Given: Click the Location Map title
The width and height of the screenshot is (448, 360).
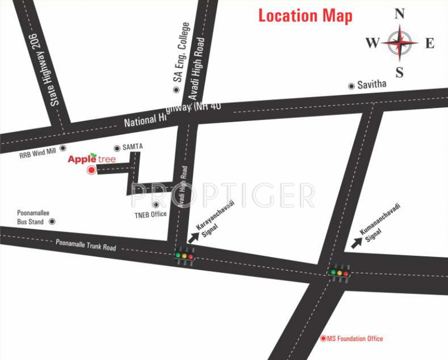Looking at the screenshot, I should pos(305,16).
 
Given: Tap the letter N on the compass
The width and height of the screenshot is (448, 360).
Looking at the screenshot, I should pos(399,14).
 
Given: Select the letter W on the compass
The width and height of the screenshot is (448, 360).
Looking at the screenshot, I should pos(372,43).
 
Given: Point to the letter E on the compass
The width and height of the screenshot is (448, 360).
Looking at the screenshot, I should pos(430,43).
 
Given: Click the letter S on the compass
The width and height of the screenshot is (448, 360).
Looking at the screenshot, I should pos(399,72).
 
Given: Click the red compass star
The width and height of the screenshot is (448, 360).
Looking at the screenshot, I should pos(399,43).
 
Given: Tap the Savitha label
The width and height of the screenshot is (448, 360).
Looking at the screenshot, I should pos(372,85).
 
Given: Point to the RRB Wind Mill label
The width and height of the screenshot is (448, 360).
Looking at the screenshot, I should pos(38,151).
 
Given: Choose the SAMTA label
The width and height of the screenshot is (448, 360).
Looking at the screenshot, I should pos(133,147).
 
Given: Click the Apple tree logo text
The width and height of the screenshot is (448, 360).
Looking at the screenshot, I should pos(91,159).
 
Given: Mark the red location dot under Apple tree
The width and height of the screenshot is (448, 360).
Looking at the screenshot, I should pos(91,171).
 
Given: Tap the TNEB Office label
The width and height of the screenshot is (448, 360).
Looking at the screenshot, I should pos(150,214).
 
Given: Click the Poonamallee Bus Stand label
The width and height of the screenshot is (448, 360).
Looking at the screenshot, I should pos(30,217).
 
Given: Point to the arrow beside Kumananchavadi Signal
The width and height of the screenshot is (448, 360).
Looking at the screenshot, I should pos(357,243).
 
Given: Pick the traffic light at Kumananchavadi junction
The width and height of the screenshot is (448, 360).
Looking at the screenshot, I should pos(340,273).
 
